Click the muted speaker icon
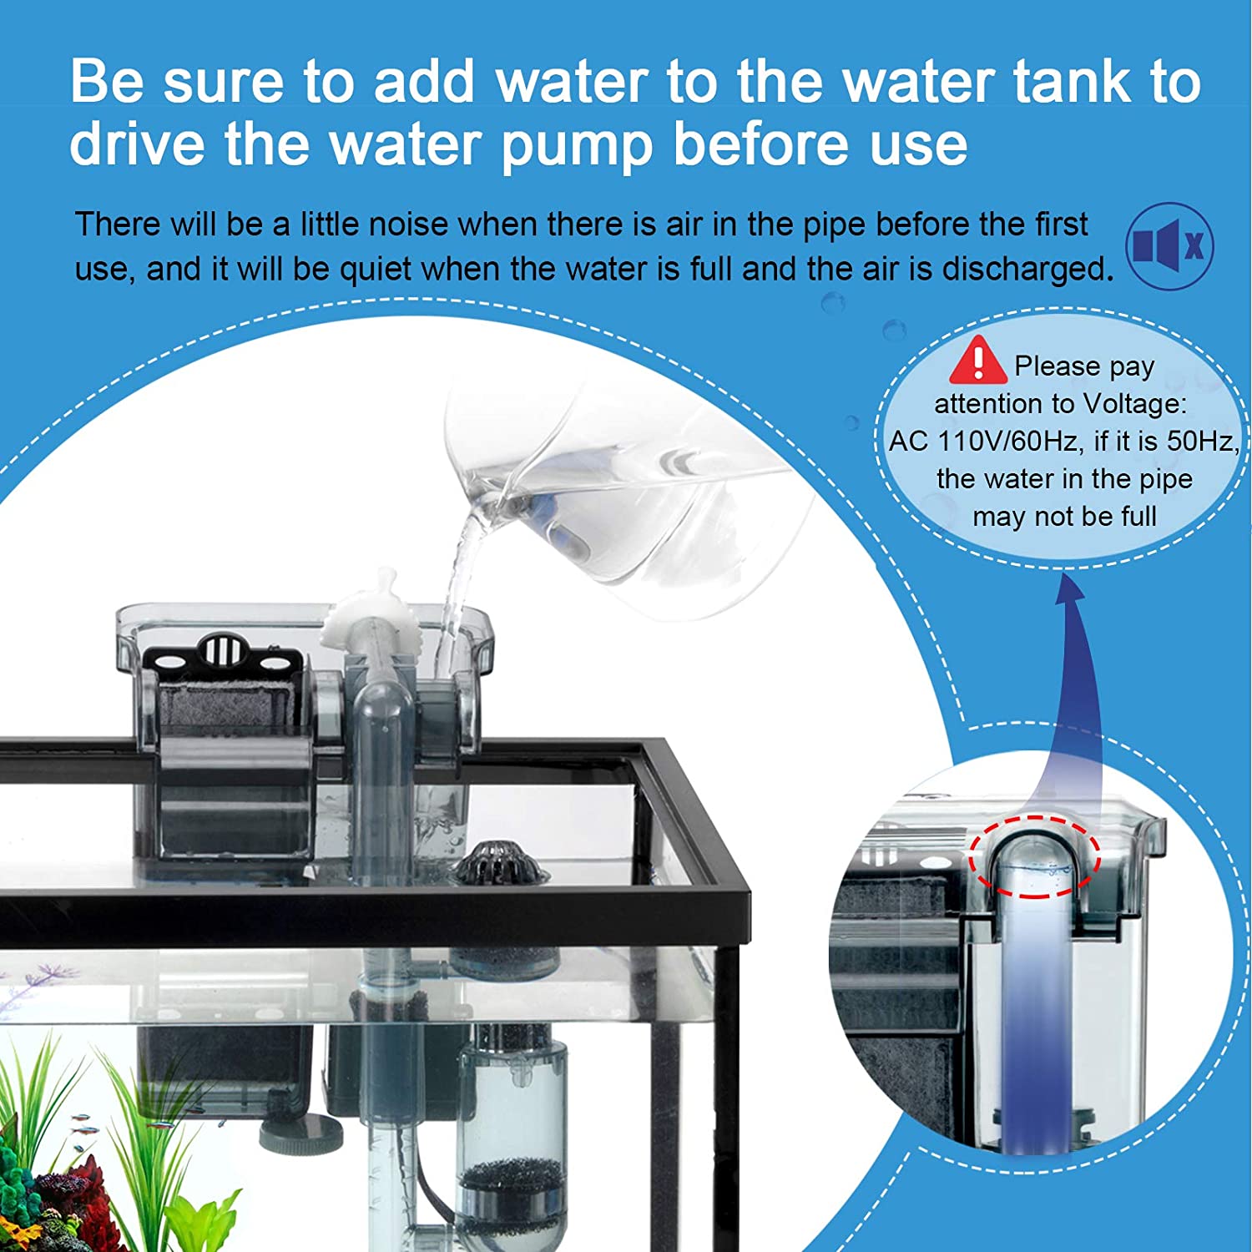[x=1169, y=246]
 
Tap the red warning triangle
[x=977, y=360]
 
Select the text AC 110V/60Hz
[x=987, y=441]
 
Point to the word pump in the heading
[x=576, y=144]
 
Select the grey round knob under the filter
[x=301, y=1133]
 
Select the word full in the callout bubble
[x=1137, y=516]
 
